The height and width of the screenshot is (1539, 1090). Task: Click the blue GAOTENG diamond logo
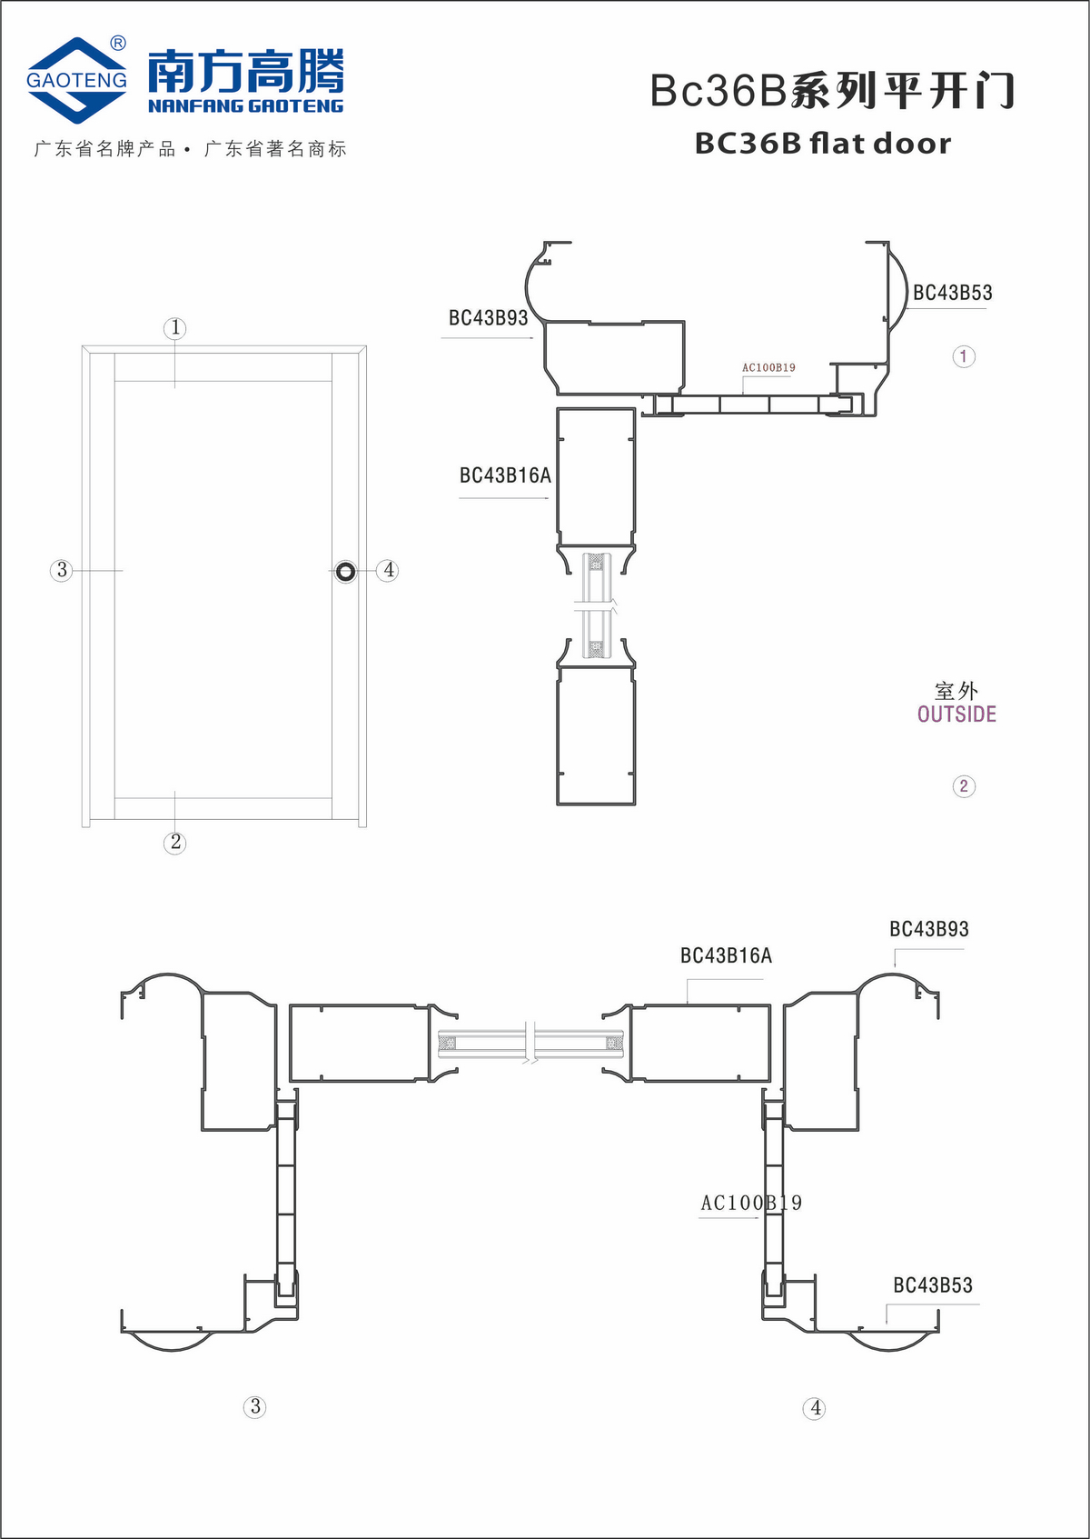pos(76,80)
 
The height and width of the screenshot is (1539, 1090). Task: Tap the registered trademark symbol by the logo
pos(118,44)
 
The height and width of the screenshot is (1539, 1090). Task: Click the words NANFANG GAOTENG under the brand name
pos(246,105)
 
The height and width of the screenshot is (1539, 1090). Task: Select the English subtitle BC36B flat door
pos(823,143)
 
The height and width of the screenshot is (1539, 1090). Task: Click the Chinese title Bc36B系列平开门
pos(832,90)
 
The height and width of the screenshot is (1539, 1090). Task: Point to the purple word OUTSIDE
pos(956,715)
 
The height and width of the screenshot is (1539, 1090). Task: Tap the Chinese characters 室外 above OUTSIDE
pos(956,691)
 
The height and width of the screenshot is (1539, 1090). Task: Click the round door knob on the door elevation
pos(345,572)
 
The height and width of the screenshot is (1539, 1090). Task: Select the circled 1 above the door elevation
pos(175,328)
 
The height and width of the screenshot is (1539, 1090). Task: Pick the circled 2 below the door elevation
pos(175,843)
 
